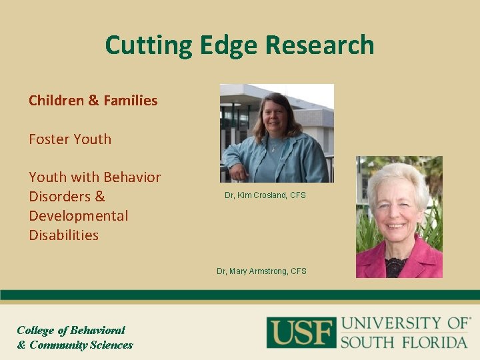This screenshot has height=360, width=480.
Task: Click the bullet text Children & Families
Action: (93, 101)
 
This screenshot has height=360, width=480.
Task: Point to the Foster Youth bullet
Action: (70, 139)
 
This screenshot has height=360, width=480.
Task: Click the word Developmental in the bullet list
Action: (79, 215)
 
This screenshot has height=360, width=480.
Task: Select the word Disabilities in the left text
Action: (64, 235)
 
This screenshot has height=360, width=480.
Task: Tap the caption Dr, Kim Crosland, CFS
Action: (265, 195)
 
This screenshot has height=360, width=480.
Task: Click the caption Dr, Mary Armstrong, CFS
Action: (261, 271)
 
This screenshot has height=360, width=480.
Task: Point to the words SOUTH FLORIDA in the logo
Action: (404, 342)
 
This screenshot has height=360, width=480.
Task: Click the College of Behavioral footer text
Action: (71, 330)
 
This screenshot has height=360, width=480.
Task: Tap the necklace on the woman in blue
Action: (274, 147)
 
